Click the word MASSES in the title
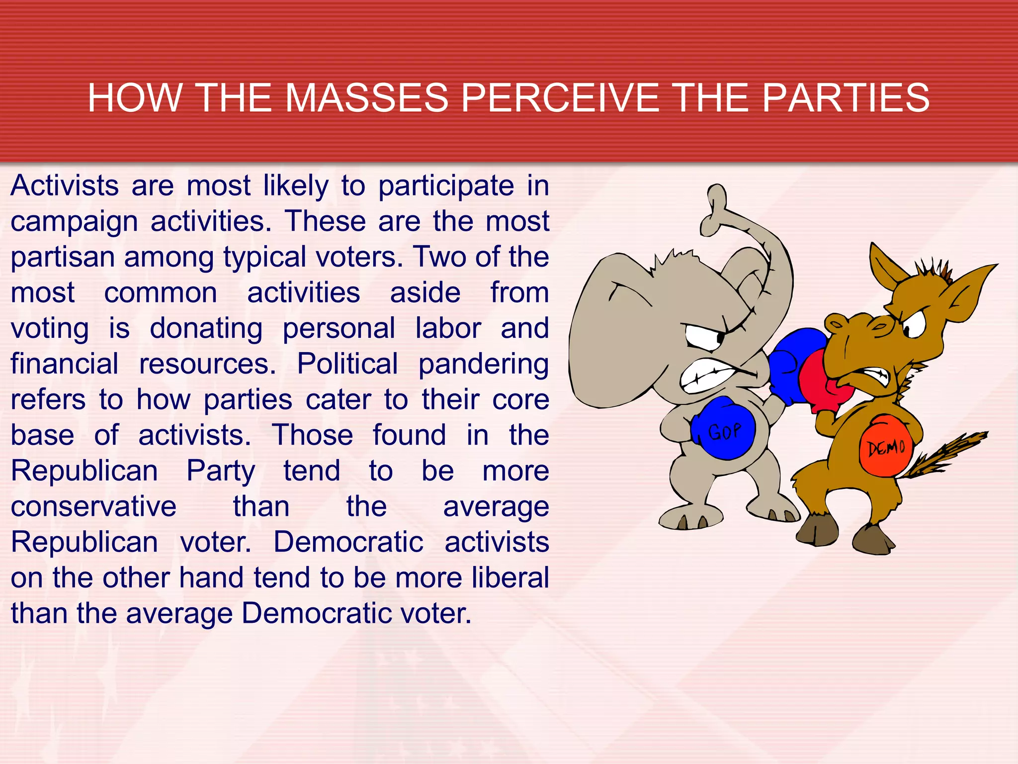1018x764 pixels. tap(367, 98)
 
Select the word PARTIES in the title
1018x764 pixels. tap(845, 98)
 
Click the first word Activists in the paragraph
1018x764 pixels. tap(65, 186)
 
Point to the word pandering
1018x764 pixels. tap(483, 364)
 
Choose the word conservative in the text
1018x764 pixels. tap(93, 507)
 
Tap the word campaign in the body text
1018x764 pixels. tap(74, 222)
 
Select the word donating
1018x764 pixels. tap(206, 329)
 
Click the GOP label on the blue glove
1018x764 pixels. tap(724, 431)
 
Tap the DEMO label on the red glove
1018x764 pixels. tap(887, 448)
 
